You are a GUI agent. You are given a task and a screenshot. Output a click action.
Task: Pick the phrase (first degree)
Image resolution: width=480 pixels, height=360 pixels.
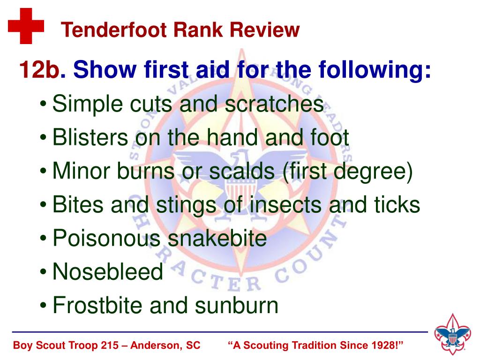coord(348,172)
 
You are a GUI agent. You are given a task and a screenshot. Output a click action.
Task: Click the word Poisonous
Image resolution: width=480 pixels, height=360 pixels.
coord(106,239)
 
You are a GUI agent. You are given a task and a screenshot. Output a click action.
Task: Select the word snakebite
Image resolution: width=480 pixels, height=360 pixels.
coord(217,239)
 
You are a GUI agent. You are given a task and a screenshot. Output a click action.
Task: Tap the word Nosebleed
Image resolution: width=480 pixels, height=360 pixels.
coord(108,272)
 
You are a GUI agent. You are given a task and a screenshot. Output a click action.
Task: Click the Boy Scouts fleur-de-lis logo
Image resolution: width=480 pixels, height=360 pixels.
coord(452,335)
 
